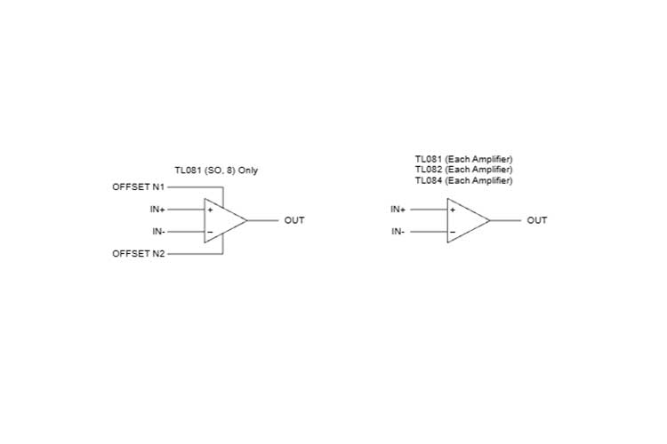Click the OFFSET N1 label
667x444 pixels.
click(138, 187)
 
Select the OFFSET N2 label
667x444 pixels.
click(138, 254)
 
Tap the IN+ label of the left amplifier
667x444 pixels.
click(157, 210)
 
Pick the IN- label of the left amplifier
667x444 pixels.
click(157, 232)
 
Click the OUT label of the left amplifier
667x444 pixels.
click(294, 220)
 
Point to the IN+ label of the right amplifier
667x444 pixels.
click(398, 210)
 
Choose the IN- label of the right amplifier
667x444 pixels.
click(398, 232)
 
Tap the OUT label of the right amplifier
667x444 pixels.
click(537, 220)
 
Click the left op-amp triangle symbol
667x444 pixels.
click(222, 220)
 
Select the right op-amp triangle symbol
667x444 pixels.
click(465, 220)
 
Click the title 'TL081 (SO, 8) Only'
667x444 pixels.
click(216, 170)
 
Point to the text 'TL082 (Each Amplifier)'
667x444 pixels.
click(463, 170)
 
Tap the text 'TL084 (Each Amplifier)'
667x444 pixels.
click(463, 180)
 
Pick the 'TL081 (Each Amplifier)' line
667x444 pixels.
click(463, 159)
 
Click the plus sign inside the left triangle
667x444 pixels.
click(210, 210)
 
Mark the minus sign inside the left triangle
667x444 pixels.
click(210, 233)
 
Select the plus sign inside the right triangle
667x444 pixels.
click(453, 210)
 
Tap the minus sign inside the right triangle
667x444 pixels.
click(453, 233)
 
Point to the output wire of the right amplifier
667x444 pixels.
click(504, 220)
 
